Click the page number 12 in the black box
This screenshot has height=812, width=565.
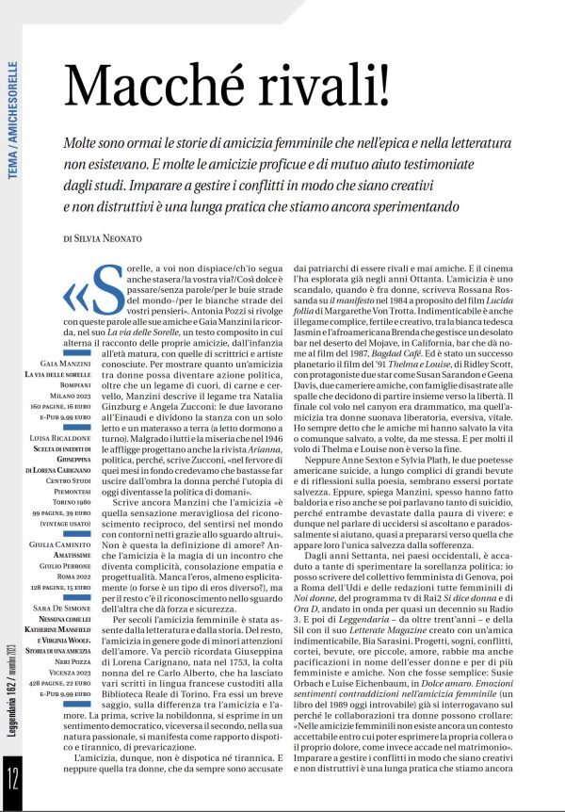pyautogui.click(x=13, y=780)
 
